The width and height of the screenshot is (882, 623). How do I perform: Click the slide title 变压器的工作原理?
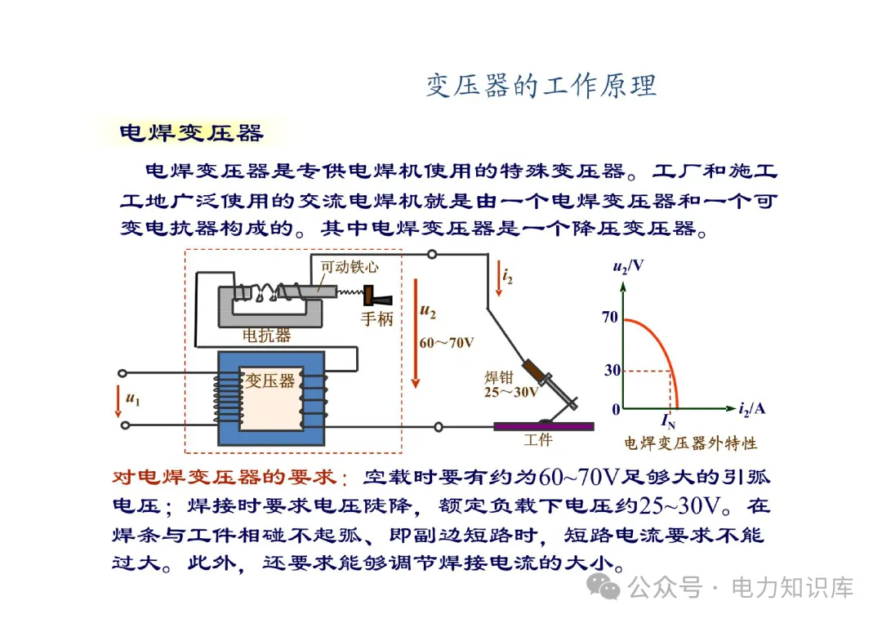tap(541, 86)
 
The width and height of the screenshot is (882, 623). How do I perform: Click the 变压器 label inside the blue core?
tap(270, 380)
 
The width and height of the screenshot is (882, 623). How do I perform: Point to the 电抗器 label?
tap(266, 336)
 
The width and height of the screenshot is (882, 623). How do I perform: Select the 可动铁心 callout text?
tap(350, 266)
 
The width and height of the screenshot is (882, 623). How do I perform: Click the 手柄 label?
tap(376, 318)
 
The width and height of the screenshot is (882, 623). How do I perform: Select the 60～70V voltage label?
tap(446, 343)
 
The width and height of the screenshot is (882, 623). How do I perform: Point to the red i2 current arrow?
tap(497, 279)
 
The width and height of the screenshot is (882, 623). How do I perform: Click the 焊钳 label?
tap(498, 376)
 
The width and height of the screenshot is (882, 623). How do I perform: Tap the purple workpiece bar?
tap(543, 425)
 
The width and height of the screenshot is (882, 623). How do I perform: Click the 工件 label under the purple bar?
tap(537, 441)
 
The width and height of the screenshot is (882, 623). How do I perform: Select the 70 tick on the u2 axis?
tap(610, 318)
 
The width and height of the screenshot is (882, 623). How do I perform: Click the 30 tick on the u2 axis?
tap(612, 371)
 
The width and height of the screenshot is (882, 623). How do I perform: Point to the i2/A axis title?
tap(751, 407)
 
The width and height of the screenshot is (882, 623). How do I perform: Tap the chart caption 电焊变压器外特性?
tap(690, 443)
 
